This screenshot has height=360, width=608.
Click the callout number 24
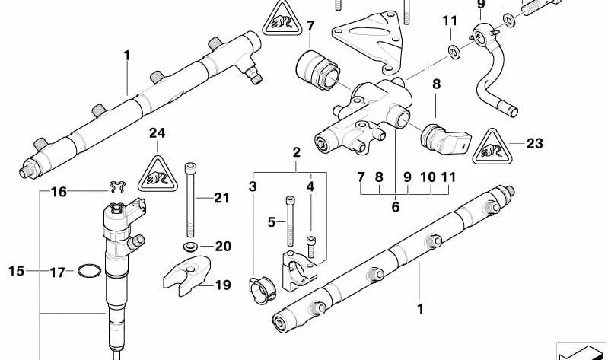pyautogui.click(x=157, y=133)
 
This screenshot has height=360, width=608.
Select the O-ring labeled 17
pyautogui.click(x=89, y=271)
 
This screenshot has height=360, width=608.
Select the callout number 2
pyautogui.click(x=296, y=152)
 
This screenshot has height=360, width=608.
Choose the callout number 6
pyautogui.click(x=396, y=205)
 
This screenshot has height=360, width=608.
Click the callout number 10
pyautogui.click(x=428, y=177)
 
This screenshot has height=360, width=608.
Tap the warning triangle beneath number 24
pyautogui.click(x=157, y=174)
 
